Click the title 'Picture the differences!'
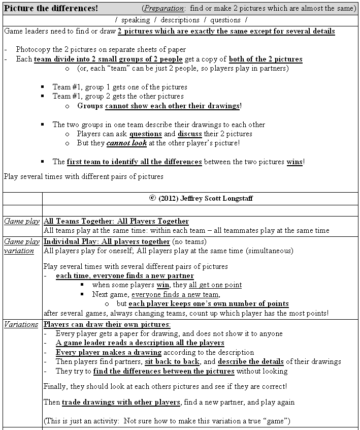pos(51,9)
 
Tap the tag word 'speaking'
pos(136,20)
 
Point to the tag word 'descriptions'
pos(180,20)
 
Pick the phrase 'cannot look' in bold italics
pos(126,143)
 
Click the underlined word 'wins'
pos(294,162)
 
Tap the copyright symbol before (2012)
pos(152,198)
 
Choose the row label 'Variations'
pos(21,324)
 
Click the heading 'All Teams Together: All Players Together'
pos(116,221)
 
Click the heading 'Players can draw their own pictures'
pos(107,324)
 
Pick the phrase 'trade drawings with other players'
pos(121,403)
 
